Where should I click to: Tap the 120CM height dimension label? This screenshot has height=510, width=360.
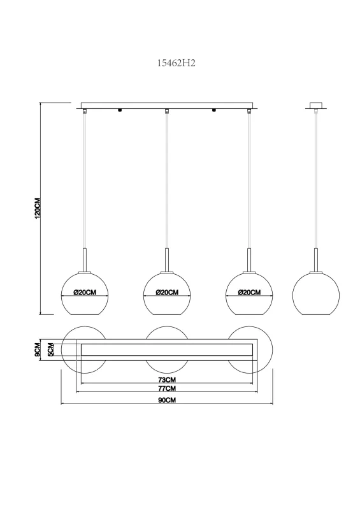point(38,208)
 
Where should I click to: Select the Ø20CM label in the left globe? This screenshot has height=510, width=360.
point(85,293)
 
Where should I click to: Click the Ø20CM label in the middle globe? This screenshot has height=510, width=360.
point(167,293)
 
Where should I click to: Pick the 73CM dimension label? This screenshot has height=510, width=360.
point(167,379)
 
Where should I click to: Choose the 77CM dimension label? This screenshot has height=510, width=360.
point(167,388)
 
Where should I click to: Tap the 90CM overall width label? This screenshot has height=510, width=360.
point(167,400)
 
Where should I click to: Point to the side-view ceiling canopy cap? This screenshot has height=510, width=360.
point(317,105)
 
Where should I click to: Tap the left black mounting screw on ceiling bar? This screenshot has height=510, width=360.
point(119,111)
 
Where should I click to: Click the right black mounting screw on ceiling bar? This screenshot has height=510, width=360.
point(213,111)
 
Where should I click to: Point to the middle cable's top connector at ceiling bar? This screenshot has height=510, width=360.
point(167,112)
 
